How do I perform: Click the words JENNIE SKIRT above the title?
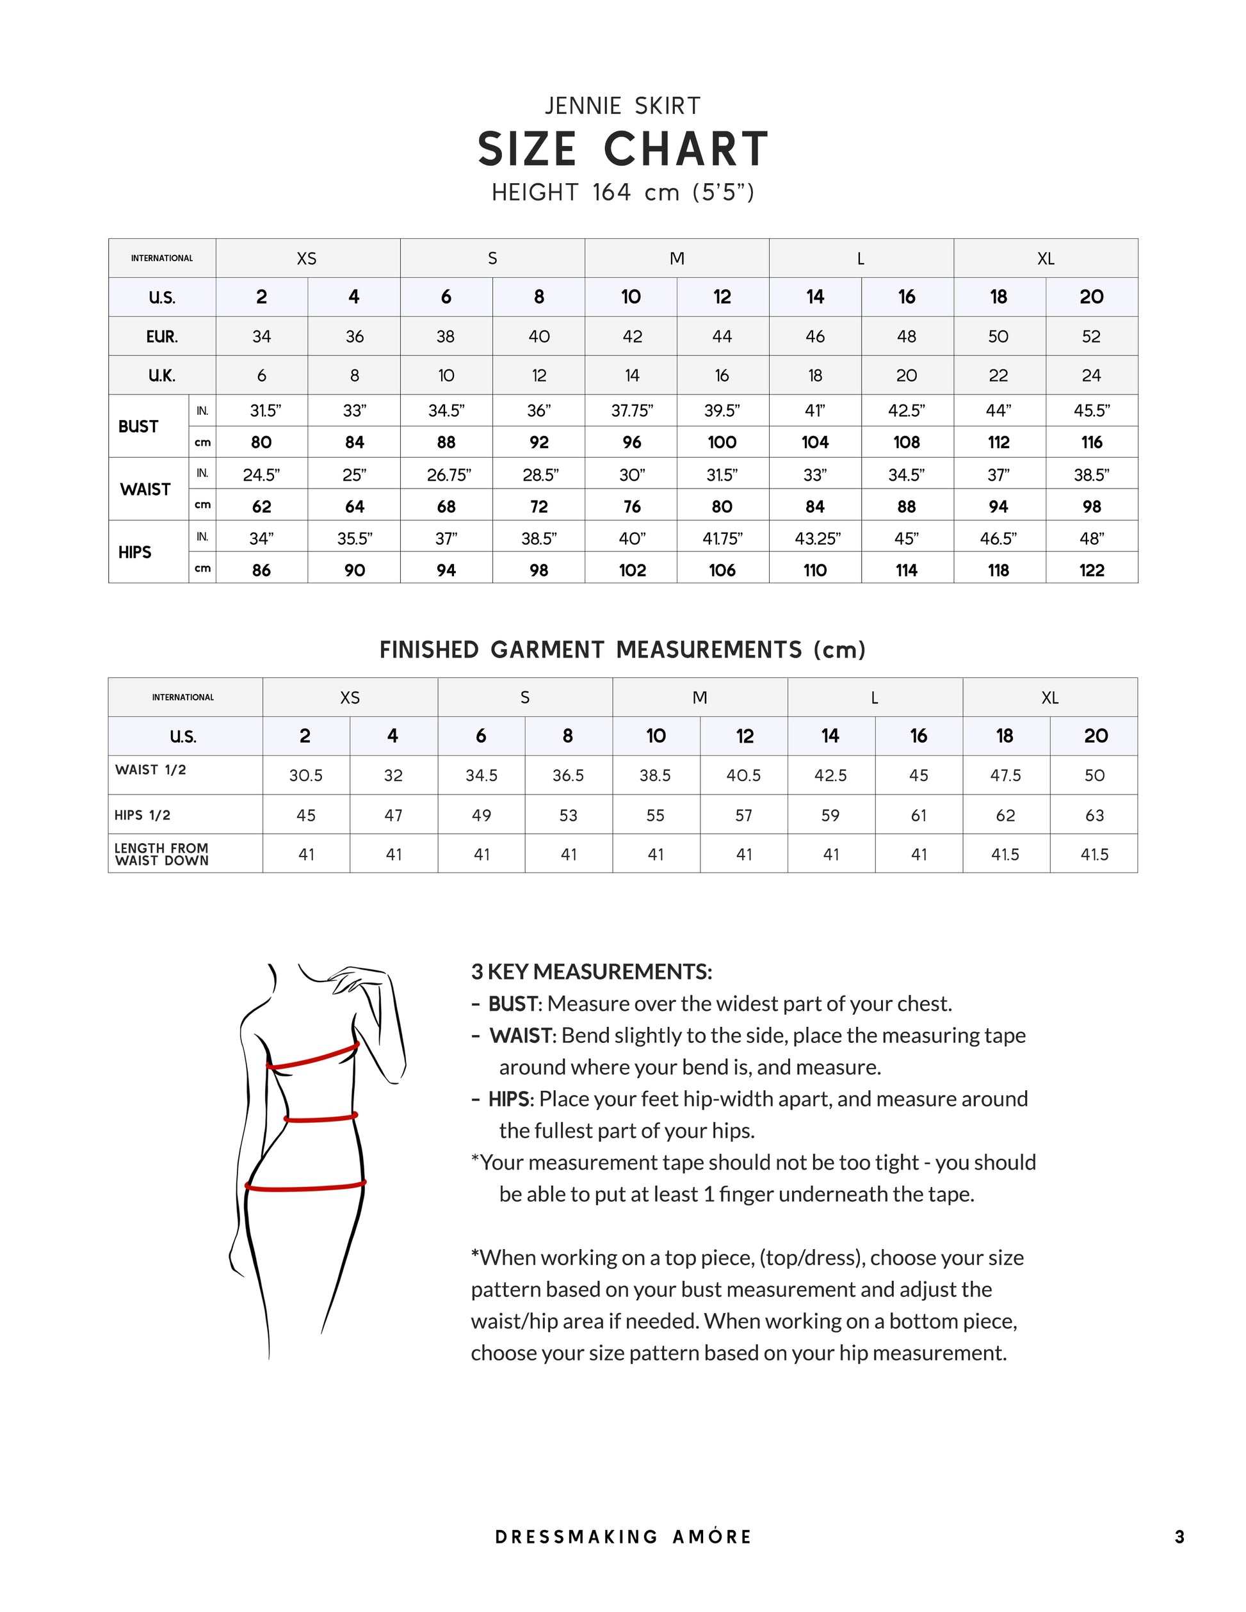click(622, 106)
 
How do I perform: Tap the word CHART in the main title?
click(686, 149)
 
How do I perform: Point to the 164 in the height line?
click(612, 193)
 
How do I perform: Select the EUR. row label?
click(161, 337)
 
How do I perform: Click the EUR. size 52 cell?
click(1091, 337)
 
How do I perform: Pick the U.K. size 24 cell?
click(1091, 376)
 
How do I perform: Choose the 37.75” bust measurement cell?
click(631, 410)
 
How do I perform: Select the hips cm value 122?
click(1091, 570)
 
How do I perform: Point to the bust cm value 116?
click(1091, 442)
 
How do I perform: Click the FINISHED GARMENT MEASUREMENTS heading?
click(622, 650)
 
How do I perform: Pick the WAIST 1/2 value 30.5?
click(305, 775)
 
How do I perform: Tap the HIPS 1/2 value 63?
click(1094, 815)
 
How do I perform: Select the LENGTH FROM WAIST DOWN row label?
click(161, 854)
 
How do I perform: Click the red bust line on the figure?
click(313, 1056)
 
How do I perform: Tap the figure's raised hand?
click(353, 978)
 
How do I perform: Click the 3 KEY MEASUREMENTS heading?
click(591, 971)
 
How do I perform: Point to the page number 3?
click(1179, 1536)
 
